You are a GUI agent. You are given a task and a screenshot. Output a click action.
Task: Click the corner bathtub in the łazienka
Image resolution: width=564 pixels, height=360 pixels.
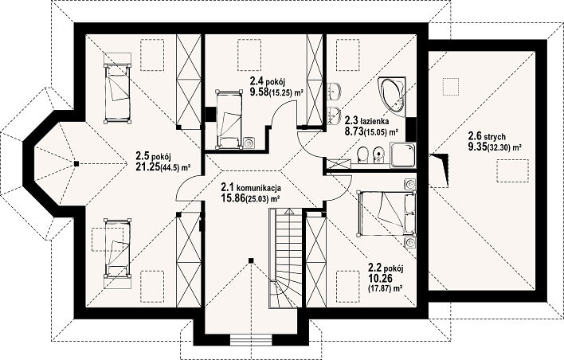(392, 96)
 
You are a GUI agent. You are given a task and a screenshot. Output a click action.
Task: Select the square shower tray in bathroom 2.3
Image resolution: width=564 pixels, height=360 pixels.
(403, 155)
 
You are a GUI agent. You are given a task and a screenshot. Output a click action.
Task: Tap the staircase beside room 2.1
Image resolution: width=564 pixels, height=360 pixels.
(284, 259)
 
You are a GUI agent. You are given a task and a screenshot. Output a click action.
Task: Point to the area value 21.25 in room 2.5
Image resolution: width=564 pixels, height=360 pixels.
(148, 166)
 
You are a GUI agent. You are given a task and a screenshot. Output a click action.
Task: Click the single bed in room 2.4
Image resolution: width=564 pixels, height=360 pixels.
(229, 119)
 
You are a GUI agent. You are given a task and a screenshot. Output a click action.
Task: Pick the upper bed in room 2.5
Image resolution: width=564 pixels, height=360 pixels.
(117, 93)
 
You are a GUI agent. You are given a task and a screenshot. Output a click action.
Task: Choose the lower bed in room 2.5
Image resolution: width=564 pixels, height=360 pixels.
(117, 248)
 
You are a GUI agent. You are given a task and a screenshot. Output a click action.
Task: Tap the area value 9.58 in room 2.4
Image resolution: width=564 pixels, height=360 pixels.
(260, 92)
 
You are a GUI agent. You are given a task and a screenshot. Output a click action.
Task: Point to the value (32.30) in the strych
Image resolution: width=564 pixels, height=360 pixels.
(499, 147)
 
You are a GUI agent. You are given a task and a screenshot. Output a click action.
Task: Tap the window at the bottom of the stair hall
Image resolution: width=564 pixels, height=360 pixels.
(251, 338)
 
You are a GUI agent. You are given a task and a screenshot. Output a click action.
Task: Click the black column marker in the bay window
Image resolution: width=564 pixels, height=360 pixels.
(76, 163)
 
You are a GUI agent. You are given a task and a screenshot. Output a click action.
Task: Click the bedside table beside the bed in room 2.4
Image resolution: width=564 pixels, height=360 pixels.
(249, 143)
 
